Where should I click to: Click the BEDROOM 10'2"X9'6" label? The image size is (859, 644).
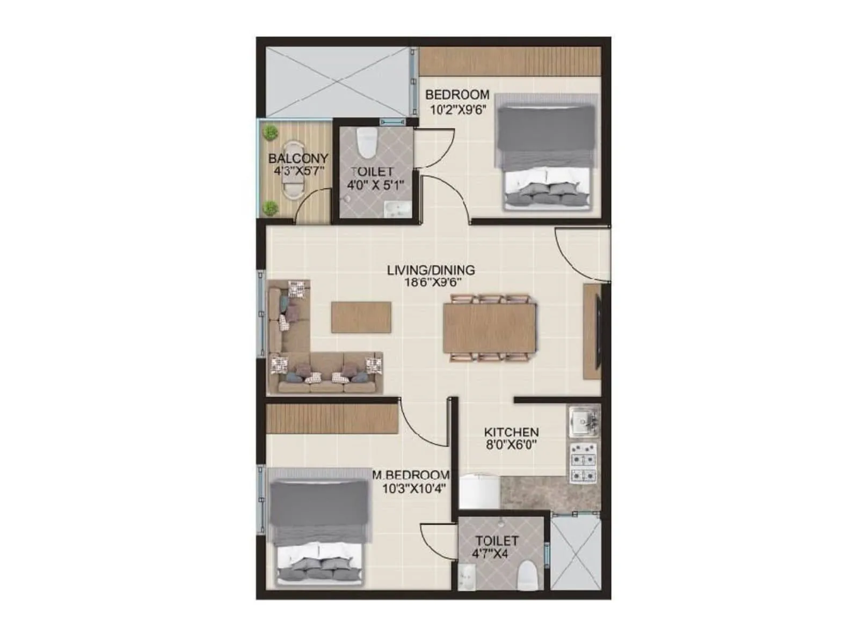coord(457,102)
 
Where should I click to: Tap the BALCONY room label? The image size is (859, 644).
coord(297,165)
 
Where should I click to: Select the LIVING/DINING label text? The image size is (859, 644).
coord(431,276)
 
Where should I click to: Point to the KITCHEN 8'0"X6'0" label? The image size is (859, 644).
coord(511,438)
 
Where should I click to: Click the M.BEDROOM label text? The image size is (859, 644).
coord(412,481)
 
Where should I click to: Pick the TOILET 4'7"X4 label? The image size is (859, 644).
coord(496,547)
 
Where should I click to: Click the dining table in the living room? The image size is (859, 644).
coord(489,328)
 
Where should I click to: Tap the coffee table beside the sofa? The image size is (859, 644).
coord(361,317)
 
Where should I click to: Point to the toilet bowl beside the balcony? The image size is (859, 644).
coord(368,142)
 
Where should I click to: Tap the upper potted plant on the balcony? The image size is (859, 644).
coord(271,132)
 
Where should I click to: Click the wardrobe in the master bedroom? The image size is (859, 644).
coord(332,419)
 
